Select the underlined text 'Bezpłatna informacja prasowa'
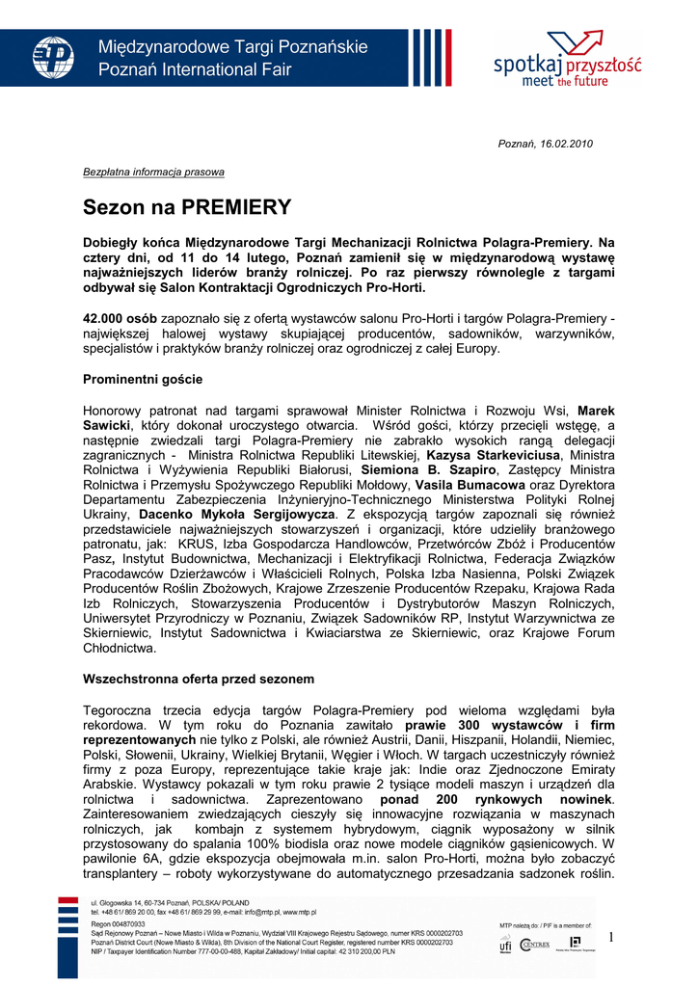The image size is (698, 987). [x=153, y=172]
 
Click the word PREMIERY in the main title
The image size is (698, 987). [x=236, y=207]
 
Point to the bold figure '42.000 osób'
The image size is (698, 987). [x=121, y=318]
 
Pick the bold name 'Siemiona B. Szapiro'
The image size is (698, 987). [x=421, y=469]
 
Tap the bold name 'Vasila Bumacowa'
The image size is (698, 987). [x=470, y=485]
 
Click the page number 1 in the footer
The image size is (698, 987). [x=610, y=937]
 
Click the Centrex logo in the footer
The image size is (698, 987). [x=535, y=945]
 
